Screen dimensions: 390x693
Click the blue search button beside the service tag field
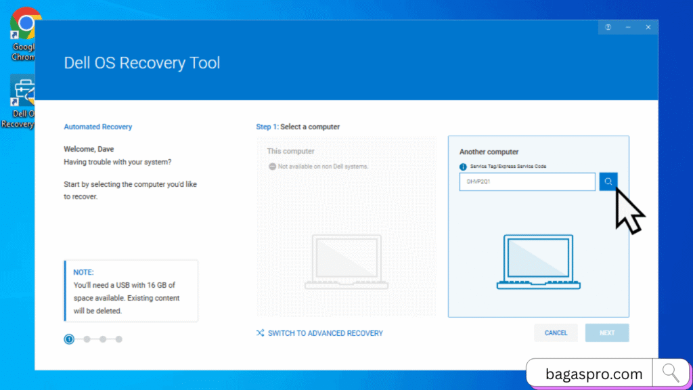(x=608, y=181)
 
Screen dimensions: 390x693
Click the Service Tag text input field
(x=527, y=181)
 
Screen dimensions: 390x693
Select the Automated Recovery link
(x=97, y=127)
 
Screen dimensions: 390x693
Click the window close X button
(x=648, y=27)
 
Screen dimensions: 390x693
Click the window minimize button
(x=627, y=27)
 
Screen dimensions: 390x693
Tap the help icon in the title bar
(x=608, y=27)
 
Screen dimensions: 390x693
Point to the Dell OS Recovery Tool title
(x=141, y=63)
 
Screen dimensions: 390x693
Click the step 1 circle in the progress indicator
(x=69, y=339)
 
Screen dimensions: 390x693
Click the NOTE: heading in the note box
(x=84, y=272)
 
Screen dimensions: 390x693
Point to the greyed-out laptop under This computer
(x=343, y=262)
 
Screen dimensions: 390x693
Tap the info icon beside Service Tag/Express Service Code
(x=463, y=167)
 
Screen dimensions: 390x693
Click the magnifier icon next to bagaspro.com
(x=671, y=372)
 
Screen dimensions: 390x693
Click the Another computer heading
(x=489, y=152)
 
